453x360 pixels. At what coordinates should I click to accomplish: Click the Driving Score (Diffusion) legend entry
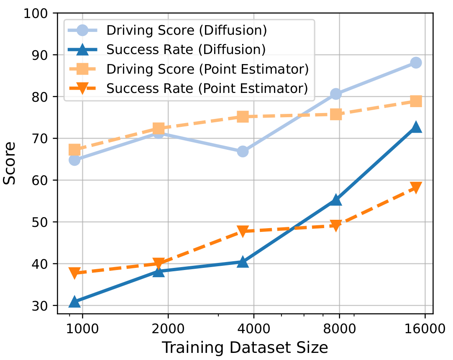[x=187, y=31]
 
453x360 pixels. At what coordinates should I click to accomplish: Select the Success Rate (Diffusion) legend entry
[x=186, y=50]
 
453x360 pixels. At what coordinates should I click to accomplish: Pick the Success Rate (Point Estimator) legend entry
[x=207, y=88]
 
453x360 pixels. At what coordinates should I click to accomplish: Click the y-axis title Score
[x=10, y=163]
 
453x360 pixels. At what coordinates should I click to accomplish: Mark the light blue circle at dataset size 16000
[x=416, y=63]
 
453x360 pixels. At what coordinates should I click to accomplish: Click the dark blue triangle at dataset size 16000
[x=416, y=127]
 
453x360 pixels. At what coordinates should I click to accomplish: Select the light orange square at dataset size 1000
[x=74, y=150]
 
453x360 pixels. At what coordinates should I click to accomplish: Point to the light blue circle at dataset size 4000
[x=243, y=152]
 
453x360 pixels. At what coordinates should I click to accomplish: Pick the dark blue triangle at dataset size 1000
[x=74, y=301]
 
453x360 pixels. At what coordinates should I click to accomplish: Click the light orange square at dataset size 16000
[x=416, y=101]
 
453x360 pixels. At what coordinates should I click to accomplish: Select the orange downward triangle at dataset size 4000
[x=243, y=231]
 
